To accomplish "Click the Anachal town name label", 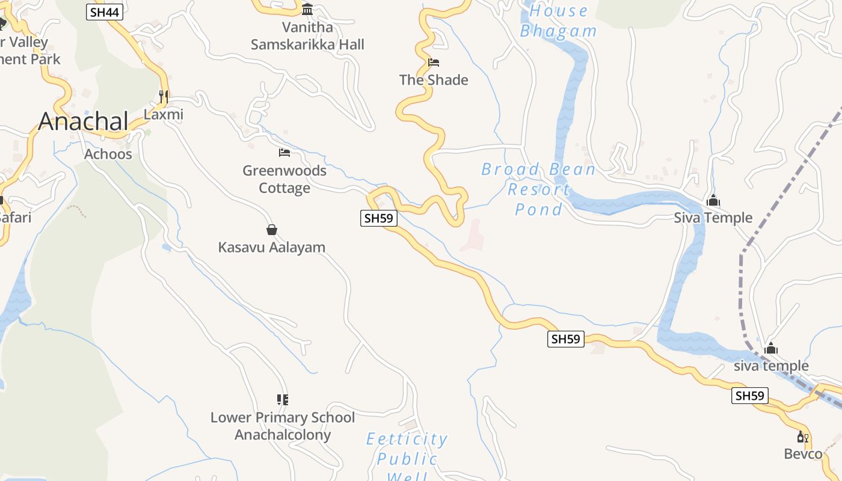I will (x=83, y=121).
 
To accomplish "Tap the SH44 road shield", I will (x=105, y=12).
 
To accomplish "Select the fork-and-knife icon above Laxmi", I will (x=163, y=96).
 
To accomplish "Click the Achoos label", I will (x=108, y=154).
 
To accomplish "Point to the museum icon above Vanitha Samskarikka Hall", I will (x=307, y=9).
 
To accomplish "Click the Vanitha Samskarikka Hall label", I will (x=307, y=36).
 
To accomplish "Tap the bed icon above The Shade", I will (x=434, y=62).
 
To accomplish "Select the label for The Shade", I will (x=434, y=80).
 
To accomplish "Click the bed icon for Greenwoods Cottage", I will (x=284, y=153).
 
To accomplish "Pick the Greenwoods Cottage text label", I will (x=284, y=179).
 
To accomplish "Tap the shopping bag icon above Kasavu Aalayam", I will (x=272, y=230).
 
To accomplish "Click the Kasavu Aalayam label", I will (x=272, y=247).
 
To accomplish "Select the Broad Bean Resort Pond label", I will (x=538, y=189).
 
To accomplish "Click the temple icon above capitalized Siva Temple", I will (x=713, y=200).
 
